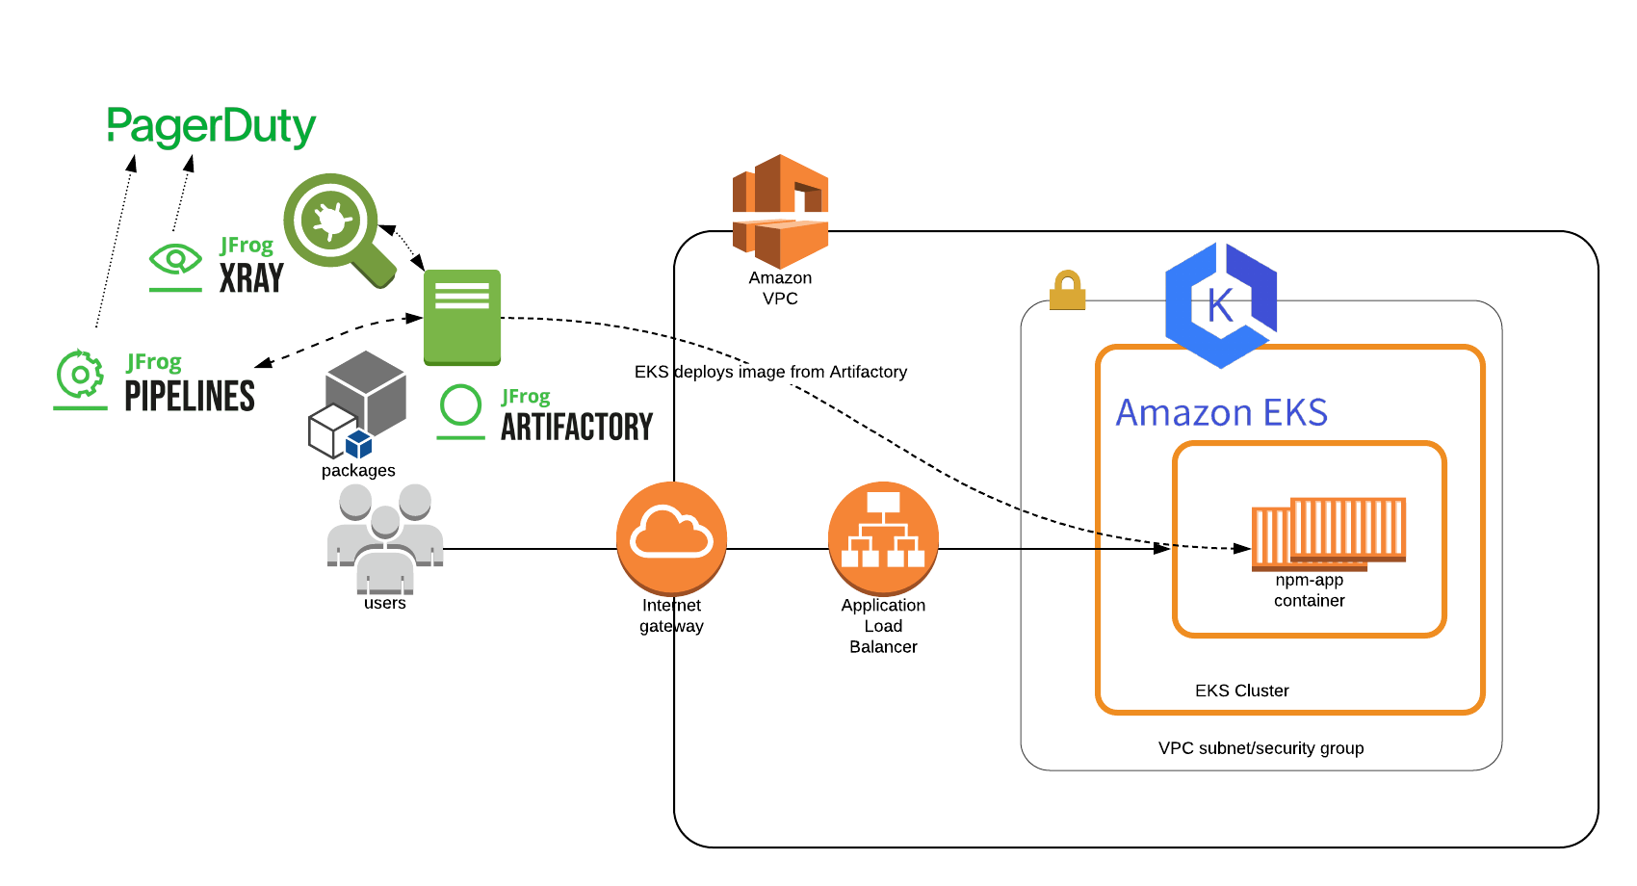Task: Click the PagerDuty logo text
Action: [x=211, y=126]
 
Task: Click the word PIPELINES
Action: [x=190, y=396]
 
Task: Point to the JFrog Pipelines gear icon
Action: [x=80, y=375]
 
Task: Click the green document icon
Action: [x=462, y=317]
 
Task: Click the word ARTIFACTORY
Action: [x=576, y=426]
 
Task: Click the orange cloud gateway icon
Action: [x=671, y=536]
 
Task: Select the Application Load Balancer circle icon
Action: [x=883, y=536]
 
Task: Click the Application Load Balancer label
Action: [x=883, y=626]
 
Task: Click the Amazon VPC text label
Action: [x=780, y=288]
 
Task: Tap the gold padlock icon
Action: [x=1067, y=290]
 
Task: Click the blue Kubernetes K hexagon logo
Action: [x=1221, y=305]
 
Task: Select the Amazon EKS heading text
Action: [x=1221, y=413]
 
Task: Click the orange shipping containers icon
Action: [x=1328, y=531]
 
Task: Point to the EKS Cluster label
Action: [x=1241, y=691]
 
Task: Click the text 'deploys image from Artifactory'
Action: [x=791, y=372]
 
